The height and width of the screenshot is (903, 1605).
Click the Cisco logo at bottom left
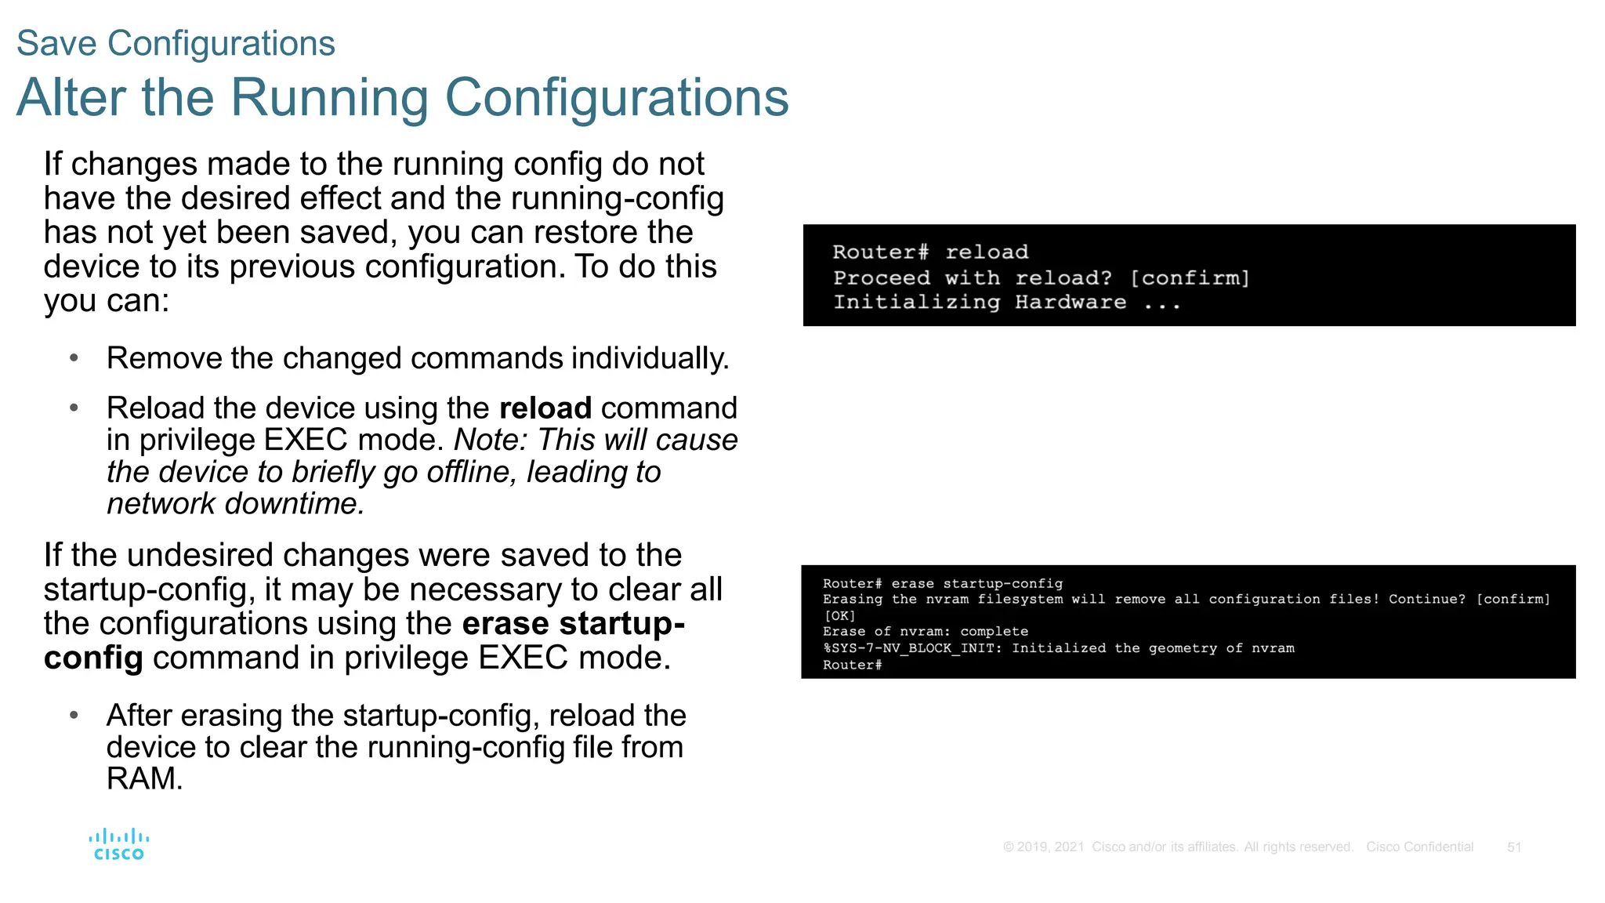click(x=118, y=844)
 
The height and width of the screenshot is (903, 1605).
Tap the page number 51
click(x=1514, y=847)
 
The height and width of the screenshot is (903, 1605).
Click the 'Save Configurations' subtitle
click(x=176, y=43)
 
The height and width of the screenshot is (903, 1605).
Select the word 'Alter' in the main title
click(x=71, y=98)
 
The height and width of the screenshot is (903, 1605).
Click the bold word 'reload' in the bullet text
click(x=545, y=408)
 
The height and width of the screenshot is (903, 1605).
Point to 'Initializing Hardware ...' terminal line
click(x=1006, y=303)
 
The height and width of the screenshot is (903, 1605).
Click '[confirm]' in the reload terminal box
click(x=1190, y=278)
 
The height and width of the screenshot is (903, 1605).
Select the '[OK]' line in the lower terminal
click(x=839, y=616)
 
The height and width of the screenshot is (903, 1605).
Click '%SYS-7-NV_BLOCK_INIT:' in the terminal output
click(x=912, y=648)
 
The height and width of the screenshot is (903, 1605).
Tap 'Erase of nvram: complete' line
click(x=925, y=632)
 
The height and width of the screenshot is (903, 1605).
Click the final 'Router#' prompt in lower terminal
click(x=852, y=665)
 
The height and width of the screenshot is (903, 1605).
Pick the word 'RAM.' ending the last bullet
click(x=144, y=779)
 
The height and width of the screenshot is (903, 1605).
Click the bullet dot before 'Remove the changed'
click(x=74, y=358)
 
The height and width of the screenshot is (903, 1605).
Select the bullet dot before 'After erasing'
click(x=74, y=715)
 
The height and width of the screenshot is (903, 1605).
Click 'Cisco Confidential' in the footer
click(x=1419, y=847)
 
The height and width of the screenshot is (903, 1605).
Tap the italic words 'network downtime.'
click(x=236, y=504)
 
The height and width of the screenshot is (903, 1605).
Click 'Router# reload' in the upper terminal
click(x=930, y=252)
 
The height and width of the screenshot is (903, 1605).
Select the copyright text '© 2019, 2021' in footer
click(x=1043, y=847)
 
